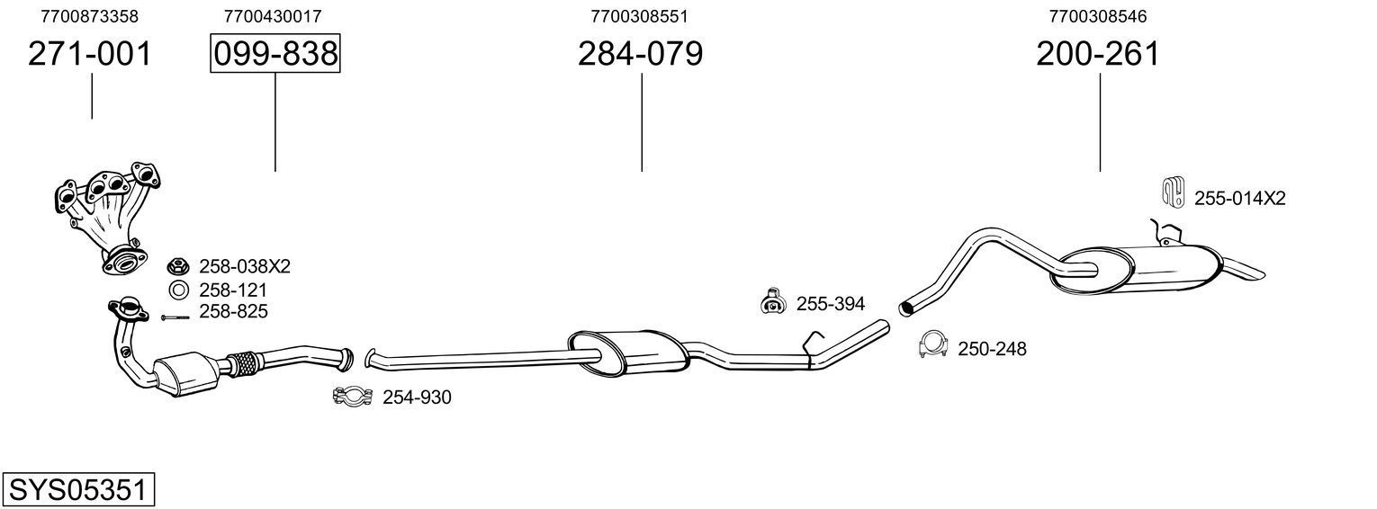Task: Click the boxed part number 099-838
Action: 274,55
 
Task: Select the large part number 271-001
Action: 90,55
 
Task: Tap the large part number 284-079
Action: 640,55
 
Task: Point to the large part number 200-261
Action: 1098,55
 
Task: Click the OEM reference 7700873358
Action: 90,16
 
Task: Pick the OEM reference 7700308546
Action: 1098,16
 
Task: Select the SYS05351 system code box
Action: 77,490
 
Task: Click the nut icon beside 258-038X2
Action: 178,266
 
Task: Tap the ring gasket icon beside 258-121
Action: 178,290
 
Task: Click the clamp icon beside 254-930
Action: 353,397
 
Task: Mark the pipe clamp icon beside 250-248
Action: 934,345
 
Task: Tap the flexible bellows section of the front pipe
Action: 244,362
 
